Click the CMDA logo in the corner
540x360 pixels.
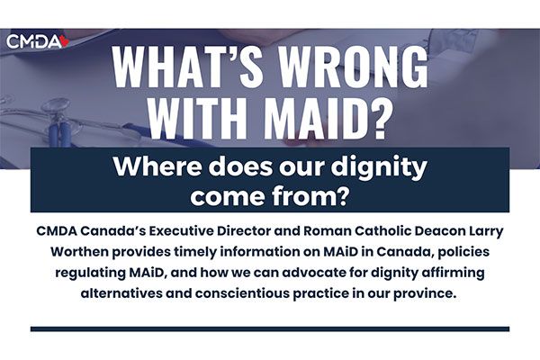(38, 41)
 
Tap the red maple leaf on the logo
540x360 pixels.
(65, 41)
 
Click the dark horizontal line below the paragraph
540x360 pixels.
(270, 328)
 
